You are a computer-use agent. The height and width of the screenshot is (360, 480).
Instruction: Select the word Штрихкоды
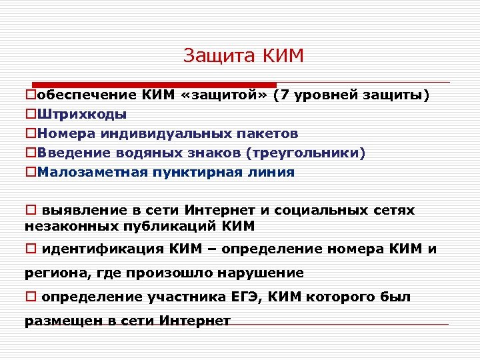coord(82,115)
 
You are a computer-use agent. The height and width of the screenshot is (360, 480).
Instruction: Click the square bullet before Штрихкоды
coord(31,115)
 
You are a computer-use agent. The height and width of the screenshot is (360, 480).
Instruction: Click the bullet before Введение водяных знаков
coord(31,153)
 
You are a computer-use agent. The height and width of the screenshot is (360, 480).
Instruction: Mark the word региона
coord(53,273)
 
